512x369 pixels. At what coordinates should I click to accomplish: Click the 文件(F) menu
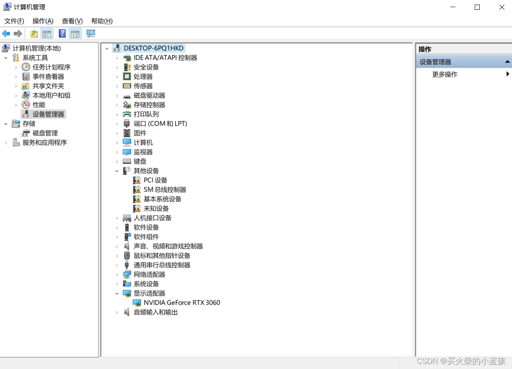point(14,21)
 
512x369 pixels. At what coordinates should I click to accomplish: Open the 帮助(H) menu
point(102,21)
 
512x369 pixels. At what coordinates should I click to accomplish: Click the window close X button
point(502,7)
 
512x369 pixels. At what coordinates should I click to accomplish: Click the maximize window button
point(477,7)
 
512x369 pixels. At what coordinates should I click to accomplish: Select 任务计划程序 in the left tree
point(51,67)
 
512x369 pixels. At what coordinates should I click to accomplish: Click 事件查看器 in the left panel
point(48,77)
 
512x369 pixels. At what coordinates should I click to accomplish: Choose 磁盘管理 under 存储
point(45,133)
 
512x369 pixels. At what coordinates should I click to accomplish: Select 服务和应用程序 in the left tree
point(44,142)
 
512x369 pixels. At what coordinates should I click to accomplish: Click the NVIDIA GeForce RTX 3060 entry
point(181,302)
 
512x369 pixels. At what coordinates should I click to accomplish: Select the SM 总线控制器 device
point(165,190)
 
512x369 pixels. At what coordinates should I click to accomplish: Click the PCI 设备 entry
point(155,180)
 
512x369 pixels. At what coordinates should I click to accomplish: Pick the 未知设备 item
point(156,209)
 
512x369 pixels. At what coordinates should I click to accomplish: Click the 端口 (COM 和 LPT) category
point(160,124)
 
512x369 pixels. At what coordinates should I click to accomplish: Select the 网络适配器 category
point(149,274)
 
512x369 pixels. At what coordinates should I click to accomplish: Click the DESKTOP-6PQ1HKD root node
point(153,48)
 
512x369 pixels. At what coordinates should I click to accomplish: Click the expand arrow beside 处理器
point(117,77)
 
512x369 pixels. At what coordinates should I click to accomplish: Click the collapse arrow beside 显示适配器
point(117,293)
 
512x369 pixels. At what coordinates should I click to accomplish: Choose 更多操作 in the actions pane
point(445,75)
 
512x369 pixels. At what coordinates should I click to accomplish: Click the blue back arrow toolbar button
point(6,34)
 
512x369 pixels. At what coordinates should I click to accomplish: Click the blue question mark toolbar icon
point(62,34)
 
